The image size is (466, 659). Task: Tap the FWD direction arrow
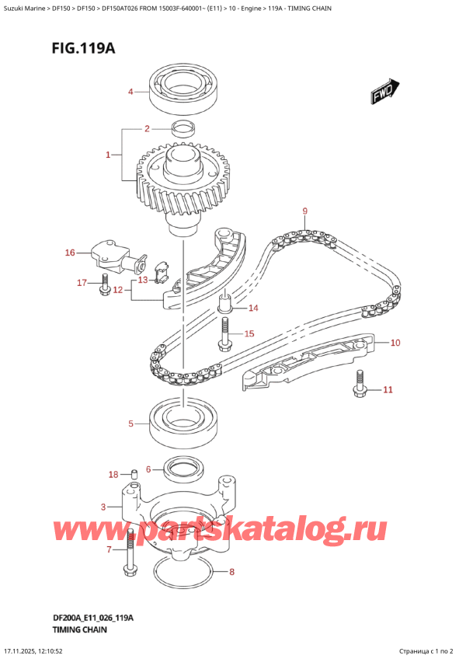pos(385,92)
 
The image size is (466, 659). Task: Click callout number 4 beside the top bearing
pos(130,92)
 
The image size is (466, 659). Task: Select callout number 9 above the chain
pos(305,211)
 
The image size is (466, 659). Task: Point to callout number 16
pos(69,253)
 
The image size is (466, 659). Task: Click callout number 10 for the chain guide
pos(395,343)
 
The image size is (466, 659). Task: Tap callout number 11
pos(388,389)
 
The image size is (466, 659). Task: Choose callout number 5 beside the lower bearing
pos(131,424)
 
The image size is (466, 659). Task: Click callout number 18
pos(113,474)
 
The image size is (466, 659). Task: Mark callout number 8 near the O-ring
pos(230,573)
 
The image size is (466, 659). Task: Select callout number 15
pos(249,334)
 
